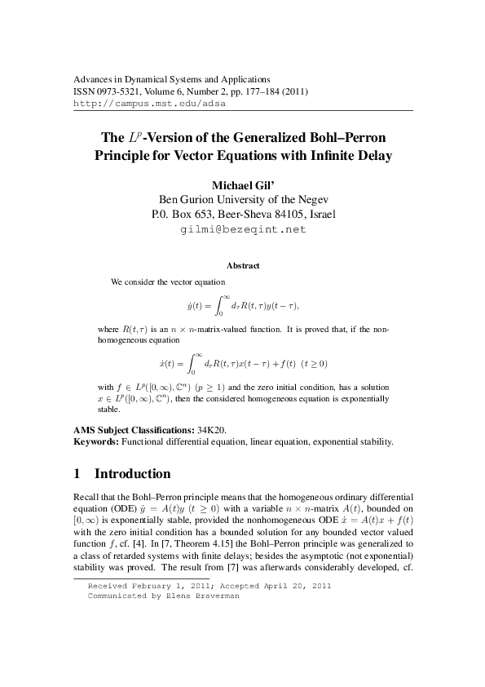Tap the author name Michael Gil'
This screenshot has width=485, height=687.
pos(242,184)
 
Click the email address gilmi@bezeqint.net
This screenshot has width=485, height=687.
pos(242,229)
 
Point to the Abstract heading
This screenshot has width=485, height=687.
pos(242,266)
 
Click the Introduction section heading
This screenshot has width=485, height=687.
pos(132,474)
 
